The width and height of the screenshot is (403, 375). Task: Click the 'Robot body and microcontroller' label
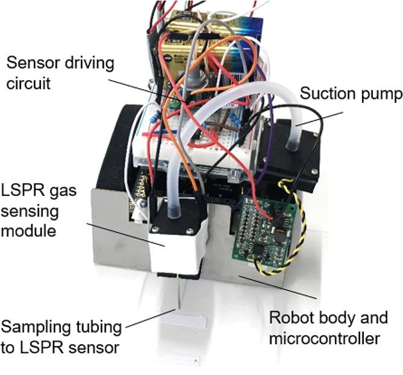tap(328, 327)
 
